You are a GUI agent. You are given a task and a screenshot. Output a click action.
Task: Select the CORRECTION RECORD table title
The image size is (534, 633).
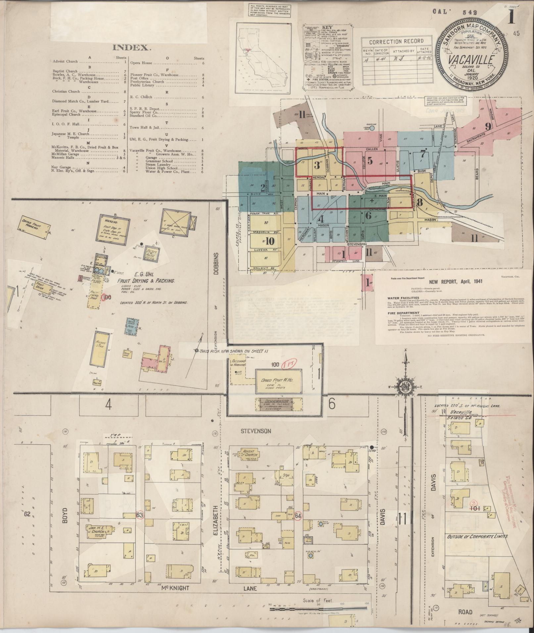396,41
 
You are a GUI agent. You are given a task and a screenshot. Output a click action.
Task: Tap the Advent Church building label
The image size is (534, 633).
250,453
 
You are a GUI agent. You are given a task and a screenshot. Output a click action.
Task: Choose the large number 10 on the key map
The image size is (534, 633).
270,241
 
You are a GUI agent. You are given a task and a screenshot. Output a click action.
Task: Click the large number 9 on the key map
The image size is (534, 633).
488,126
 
